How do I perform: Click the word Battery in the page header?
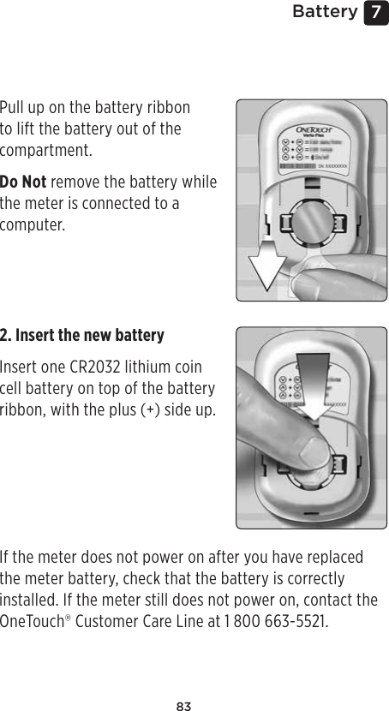[324, 12]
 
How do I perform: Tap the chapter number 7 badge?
[374, 13]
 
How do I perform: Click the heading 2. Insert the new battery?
[82, 334]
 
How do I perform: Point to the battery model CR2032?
[97, 367]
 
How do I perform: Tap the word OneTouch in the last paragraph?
[29, 619]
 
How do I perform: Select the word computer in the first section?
[33, 224]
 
